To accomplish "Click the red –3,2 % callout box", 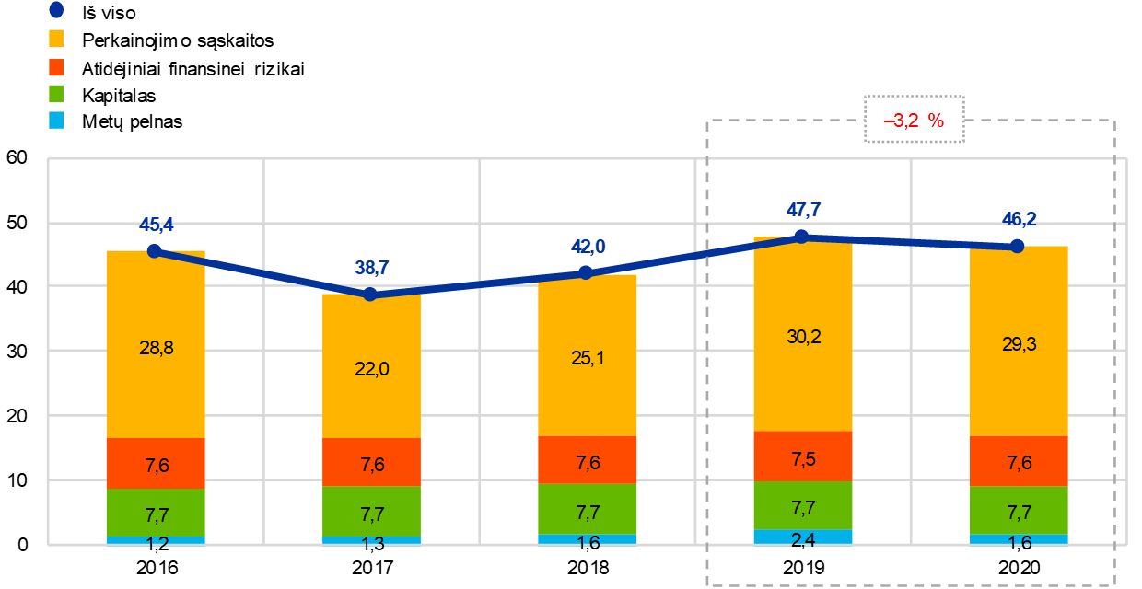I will pyautogui.click(x=914, y=120).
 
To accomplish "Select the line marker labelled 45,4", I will pyautogui.click(x=155, y=250).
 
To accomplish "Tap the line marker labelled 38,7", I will pyautogui.click(x=370, y=294).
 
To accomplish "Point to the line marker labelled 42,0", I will pyautogui.click(x=586, y=272).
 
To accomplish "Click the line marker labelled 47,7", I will pyautogui.click(x=801, y=237).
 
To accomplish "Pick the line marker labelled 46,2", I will pyautogui.click(x=1018, y=246).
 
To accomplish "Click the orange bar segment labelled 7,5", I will pyautogui.click(x=802, y=456).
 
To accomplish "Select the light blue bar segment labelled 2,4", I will pyautogui.click(x=802, y=537).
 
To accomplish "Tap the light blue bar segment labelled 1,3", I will pyautogui.click(x=371, y=541).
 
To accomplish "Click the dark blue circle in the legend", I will pyautogui.click(x=56, y=10).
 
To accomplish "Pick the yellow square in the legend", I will pyautogui.click(x=56, y=39).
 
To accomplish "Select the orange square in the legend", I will pyautogui.click(x=56, y=67).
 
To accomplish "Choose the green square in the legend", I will pyautogui.click(x=56, y=93).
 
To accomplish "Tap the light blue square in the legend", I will pyautogui.click(x=56, y=120).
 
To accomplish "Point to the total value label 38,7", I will pyautogui.click(x=371, y=269).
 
